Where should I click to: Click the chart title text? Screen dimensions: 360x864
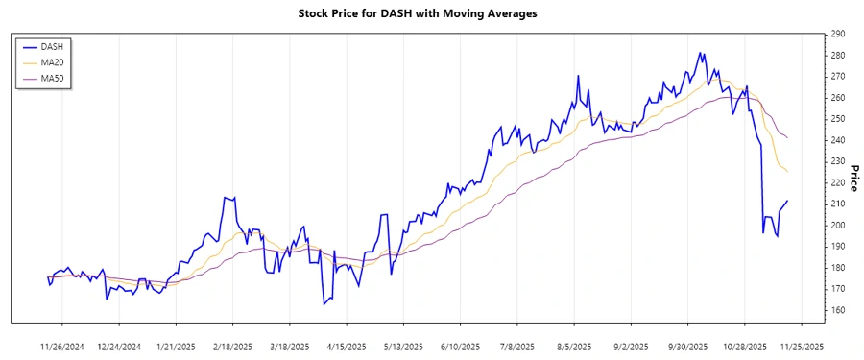431,13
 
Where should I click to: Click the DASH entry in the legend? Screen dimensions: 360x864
52,46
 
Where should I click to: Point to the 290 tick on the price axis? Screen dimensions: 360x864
838,34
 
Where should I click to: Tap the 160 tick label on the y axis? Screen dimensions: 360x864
838,310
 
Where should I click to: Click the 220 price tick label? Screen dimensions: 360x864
838,182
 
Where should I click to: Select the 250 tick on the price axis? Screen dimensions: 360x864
838,119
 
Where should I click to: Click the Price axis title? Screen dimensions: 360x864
854,177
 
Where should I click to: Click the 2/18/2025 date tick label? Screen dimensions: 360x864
233,345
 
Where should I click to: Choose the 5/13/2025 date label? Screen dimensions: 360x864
403,345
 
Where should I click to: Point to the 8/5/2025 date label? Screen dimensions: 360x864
573,345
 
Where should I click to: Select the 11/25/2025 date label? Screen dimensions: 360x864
801,345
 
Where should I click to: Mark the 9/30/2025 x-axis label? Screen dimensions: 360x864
686,345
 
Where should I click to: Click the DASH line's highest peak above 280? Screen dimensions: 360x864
701,53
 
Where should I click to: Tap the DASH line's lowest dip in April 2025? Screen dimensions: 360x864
324,304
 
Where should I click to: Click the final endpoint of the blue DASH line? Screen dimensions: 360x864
787,201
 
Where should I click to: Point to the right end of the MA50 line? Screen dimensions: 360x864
787,137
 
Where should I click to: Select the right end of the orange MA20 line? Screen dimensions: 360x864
787,172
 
